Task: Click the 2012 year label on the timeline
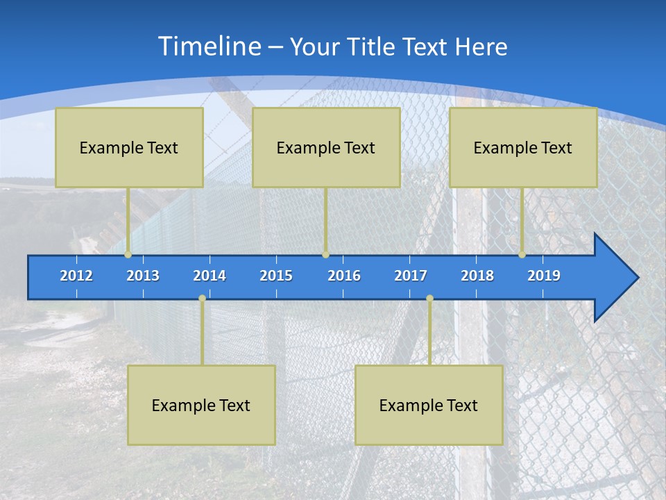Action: pos(76,276)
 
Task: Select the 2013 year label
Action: pos(143,276)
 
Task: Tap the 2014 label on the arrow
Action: pos(210,276)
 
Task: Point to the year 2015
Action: pos(276,276)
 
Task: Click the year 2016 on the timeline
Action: pos(344,276)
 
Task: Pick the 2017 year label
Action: pos(411,276)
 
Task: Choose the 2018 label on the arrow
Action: pos(477,276)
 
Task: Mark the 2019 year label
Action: pos(544,276)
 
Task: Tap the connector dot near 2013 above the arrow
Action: pos(128,255)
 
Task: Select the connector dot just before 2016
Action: pos(325,255)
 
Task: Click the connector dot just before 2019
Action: pos(522,255)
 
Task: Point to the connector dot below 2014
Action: pos(202,299)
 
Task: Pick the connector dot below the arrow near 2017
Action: pos(429,299)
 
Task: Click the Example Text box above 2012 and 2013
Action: pos(129,148)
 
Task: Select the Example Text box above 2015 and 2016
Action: pos(326,148)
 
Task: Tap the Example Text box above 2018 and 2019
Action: pos(523,148)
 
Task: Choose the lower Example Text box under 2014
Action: pos(201,406)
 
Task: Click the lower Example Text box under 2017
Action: pos(429,406)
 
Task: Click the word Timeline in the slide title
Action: pos(210,47)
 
